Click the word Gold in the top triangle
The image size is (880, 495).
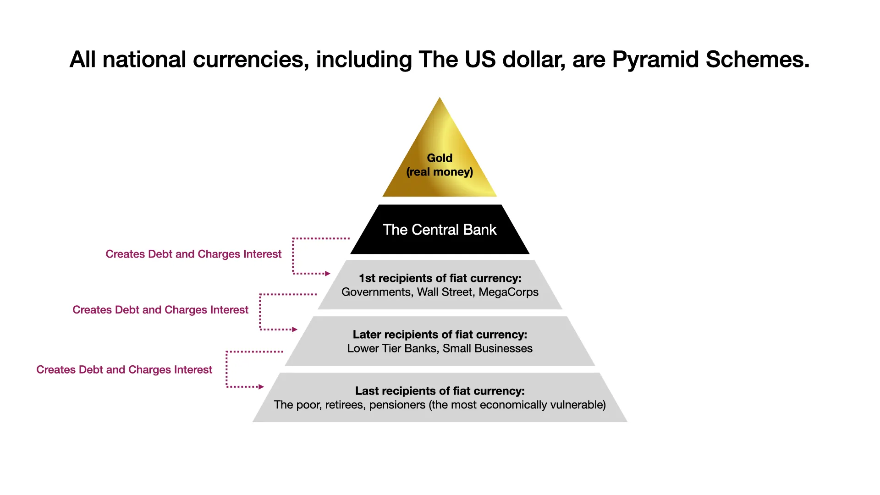[440, 158]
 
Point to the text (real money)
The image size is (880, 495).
[440, 172]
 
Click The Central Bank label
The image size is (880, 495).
[440, 230]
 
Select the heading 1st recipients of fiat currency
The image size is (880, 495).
[440, 278]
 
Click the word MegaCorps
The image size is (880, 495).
[508, 292]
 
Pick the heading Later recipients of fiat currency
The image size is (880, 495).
[440, 335]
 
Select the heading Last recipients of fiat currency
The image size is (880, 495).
[440, 391]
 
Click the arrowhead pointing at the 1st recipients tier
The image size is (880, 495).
[328, 274]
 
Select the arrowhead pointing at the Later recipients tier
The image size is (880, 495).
[295, 330]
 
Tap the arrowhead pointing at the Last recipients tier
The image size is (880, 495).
[261, 387]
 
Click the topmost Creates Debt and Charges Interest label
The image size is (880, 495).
[193, 254]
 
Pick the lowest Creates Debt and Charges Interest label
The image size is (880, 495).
[124, 370]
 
